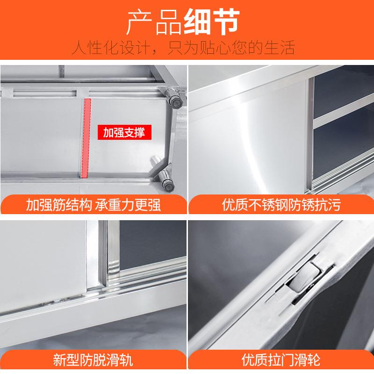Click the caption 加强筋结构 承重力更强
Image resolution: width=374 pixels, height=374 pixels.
(93, 205)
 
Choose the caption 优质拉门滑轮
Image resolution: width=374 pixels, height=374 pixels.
(281, 360)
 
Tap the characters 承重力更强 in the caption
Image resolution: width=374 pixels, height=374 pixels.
(128, 205)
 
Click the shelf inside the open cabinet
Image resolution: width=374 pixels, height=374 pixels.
(341, 122)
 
